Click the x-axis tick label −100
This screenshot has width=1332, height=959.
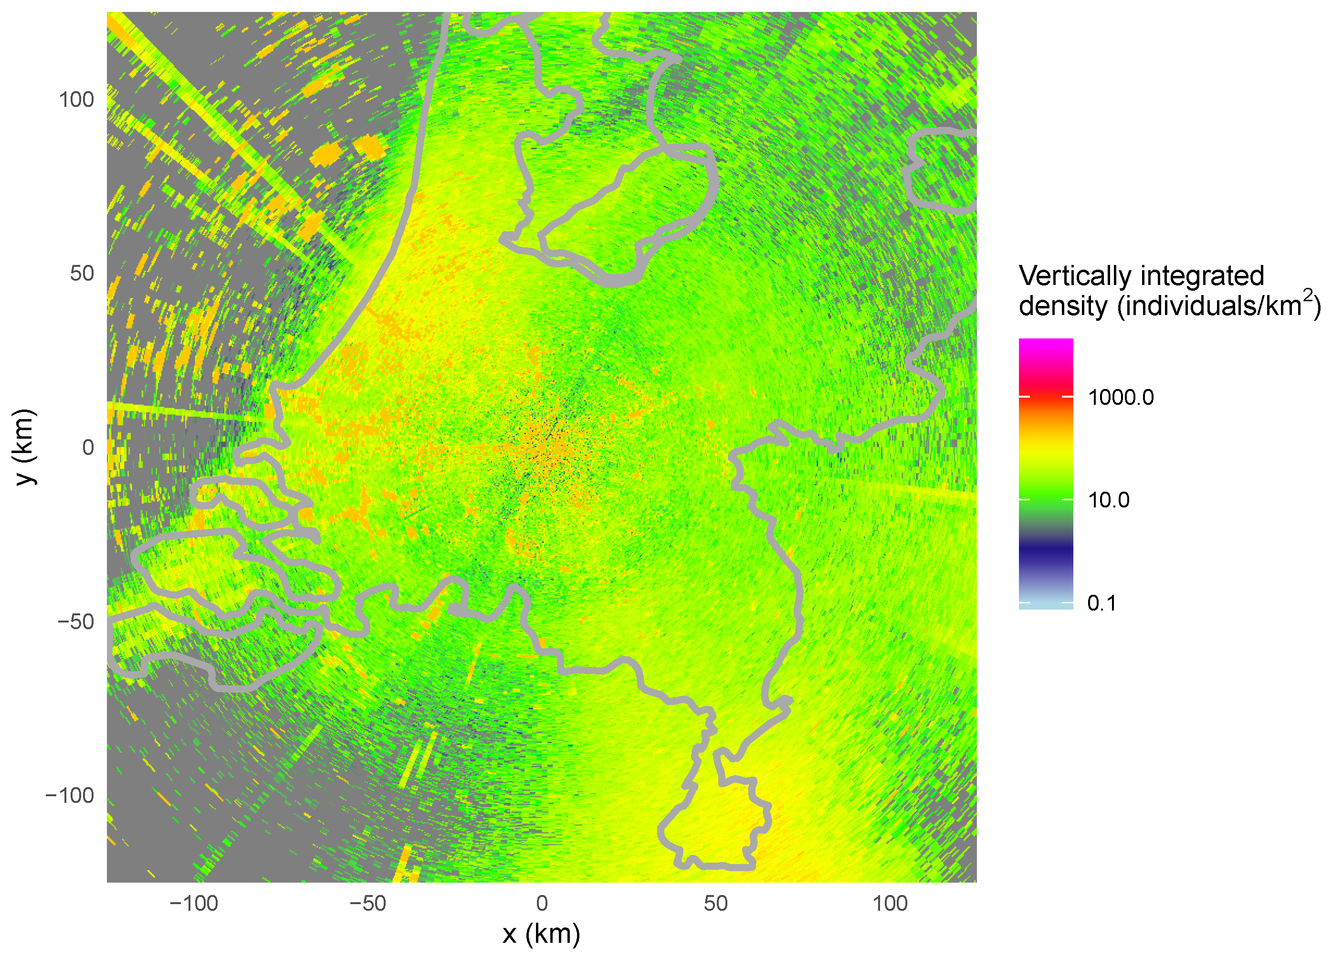193,903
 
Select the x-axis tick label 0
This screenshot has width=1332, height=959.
542,903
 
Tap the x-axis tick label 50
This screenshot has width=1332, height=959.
715,903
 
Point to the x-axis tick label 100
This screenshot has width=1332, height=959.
889,903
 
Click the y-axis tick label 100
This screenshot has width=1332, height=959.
76,100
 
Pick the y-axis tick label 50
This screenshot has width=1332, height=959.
82,274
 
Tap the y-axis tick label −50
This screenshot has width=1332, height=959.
75,622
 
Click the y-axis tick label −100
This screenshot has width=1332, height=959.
69,796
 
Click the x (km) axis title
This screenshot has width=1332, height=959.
541,934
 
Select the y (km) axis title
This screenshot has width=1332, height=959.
25,447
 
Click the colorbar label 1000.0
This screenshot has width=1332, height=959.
1120,398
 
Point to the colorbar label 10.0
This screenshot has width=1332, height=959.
1108,500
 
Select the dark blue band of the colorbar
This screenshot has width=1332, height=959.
1045,549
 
